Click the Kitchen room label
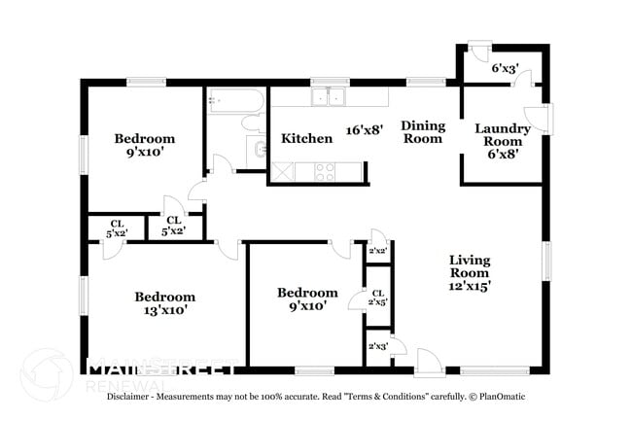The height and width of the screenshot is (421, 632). (307, 139)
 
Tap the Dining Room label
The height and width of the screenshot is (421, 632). (423, 132)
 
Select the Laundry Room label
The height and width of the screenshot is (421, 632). (503, 135)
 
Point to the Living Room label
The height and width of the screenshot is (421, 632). (470, 266)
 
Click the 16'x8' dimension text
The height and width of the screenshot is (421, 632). (365, 127)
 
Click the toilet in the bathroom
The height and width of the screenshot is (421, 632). (252, 123)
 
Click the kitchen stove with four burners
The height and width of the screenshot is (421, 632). (325, 172)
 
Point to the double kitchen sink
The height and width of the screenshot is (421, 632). (328, 96)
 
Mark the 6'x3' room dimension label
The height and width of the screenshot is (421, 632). (505, 69)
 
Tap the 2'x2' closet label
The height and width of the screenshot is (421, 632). (377, 251)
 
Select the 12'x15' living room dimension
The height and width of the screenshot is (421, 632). (470, 286)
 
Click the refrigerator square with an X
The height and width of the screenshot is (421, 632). (282, 172)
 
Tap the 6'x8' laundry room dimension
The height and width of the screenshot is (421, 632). (503, 153)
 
